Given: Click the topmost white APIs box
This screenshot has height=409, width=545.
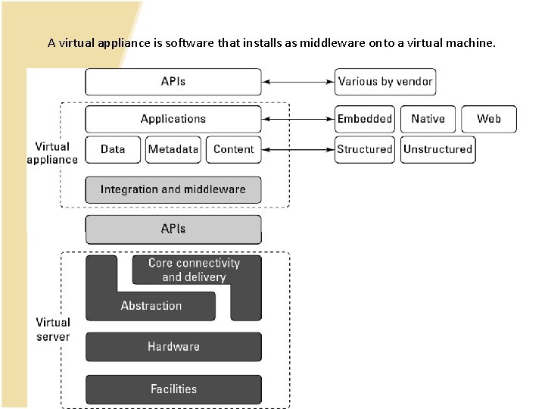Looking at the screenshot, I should pos(173,82).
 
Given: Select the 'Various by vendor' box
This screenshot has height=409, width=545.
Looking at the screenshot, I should pos(385,82).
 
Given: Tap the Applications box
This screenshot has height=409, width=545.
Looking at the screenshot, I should pos(173,119).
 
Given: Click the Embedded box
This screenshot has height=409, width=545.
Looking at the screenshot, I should pos(365,119).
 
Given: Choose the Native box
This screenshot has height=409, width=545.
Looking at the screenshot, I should pos(428,119).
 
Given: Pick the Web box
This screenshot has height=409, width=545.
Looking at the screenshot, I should pos(488,119).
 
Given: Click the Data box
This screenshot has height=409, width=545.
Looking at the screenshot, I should pos(113,149).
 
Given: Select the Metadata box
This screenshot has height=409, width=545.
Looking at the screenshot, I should pos(173,149).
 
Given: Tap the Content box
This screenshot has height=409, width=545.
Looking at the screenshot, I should pos(234,149).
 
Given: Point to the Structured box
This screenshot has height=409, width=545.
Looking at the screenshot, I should pos(365,149).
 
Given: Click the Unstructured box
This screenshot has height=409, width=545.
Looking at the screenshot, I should pos(438,149).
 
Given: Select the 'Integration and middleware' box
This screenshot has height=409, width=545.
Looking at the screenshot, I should pos(173,189).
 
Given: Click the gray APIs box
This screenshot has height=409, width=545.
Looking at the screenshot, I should pos(173,229).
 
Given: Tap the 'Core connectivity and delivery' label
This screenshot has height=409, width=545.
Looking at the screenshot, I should pos(194,270).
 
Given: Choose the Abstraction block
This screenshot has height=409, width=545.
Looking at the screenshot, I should pos(151,306).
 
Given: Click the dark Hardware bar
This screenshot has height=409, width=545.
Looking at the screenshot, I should pos(173,347).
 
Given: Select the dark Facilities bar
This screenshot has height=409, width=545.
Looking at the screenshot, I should pos(173,389).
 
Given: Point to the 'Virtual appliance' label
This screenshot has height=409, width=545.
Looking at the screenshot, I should pos(52,153).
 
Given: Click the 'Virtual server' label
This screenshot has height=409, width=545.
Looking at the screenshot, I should pos(53,329).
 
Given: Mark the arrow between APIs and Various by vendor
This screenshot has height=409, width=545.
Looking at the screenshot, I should pos(298,82).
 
